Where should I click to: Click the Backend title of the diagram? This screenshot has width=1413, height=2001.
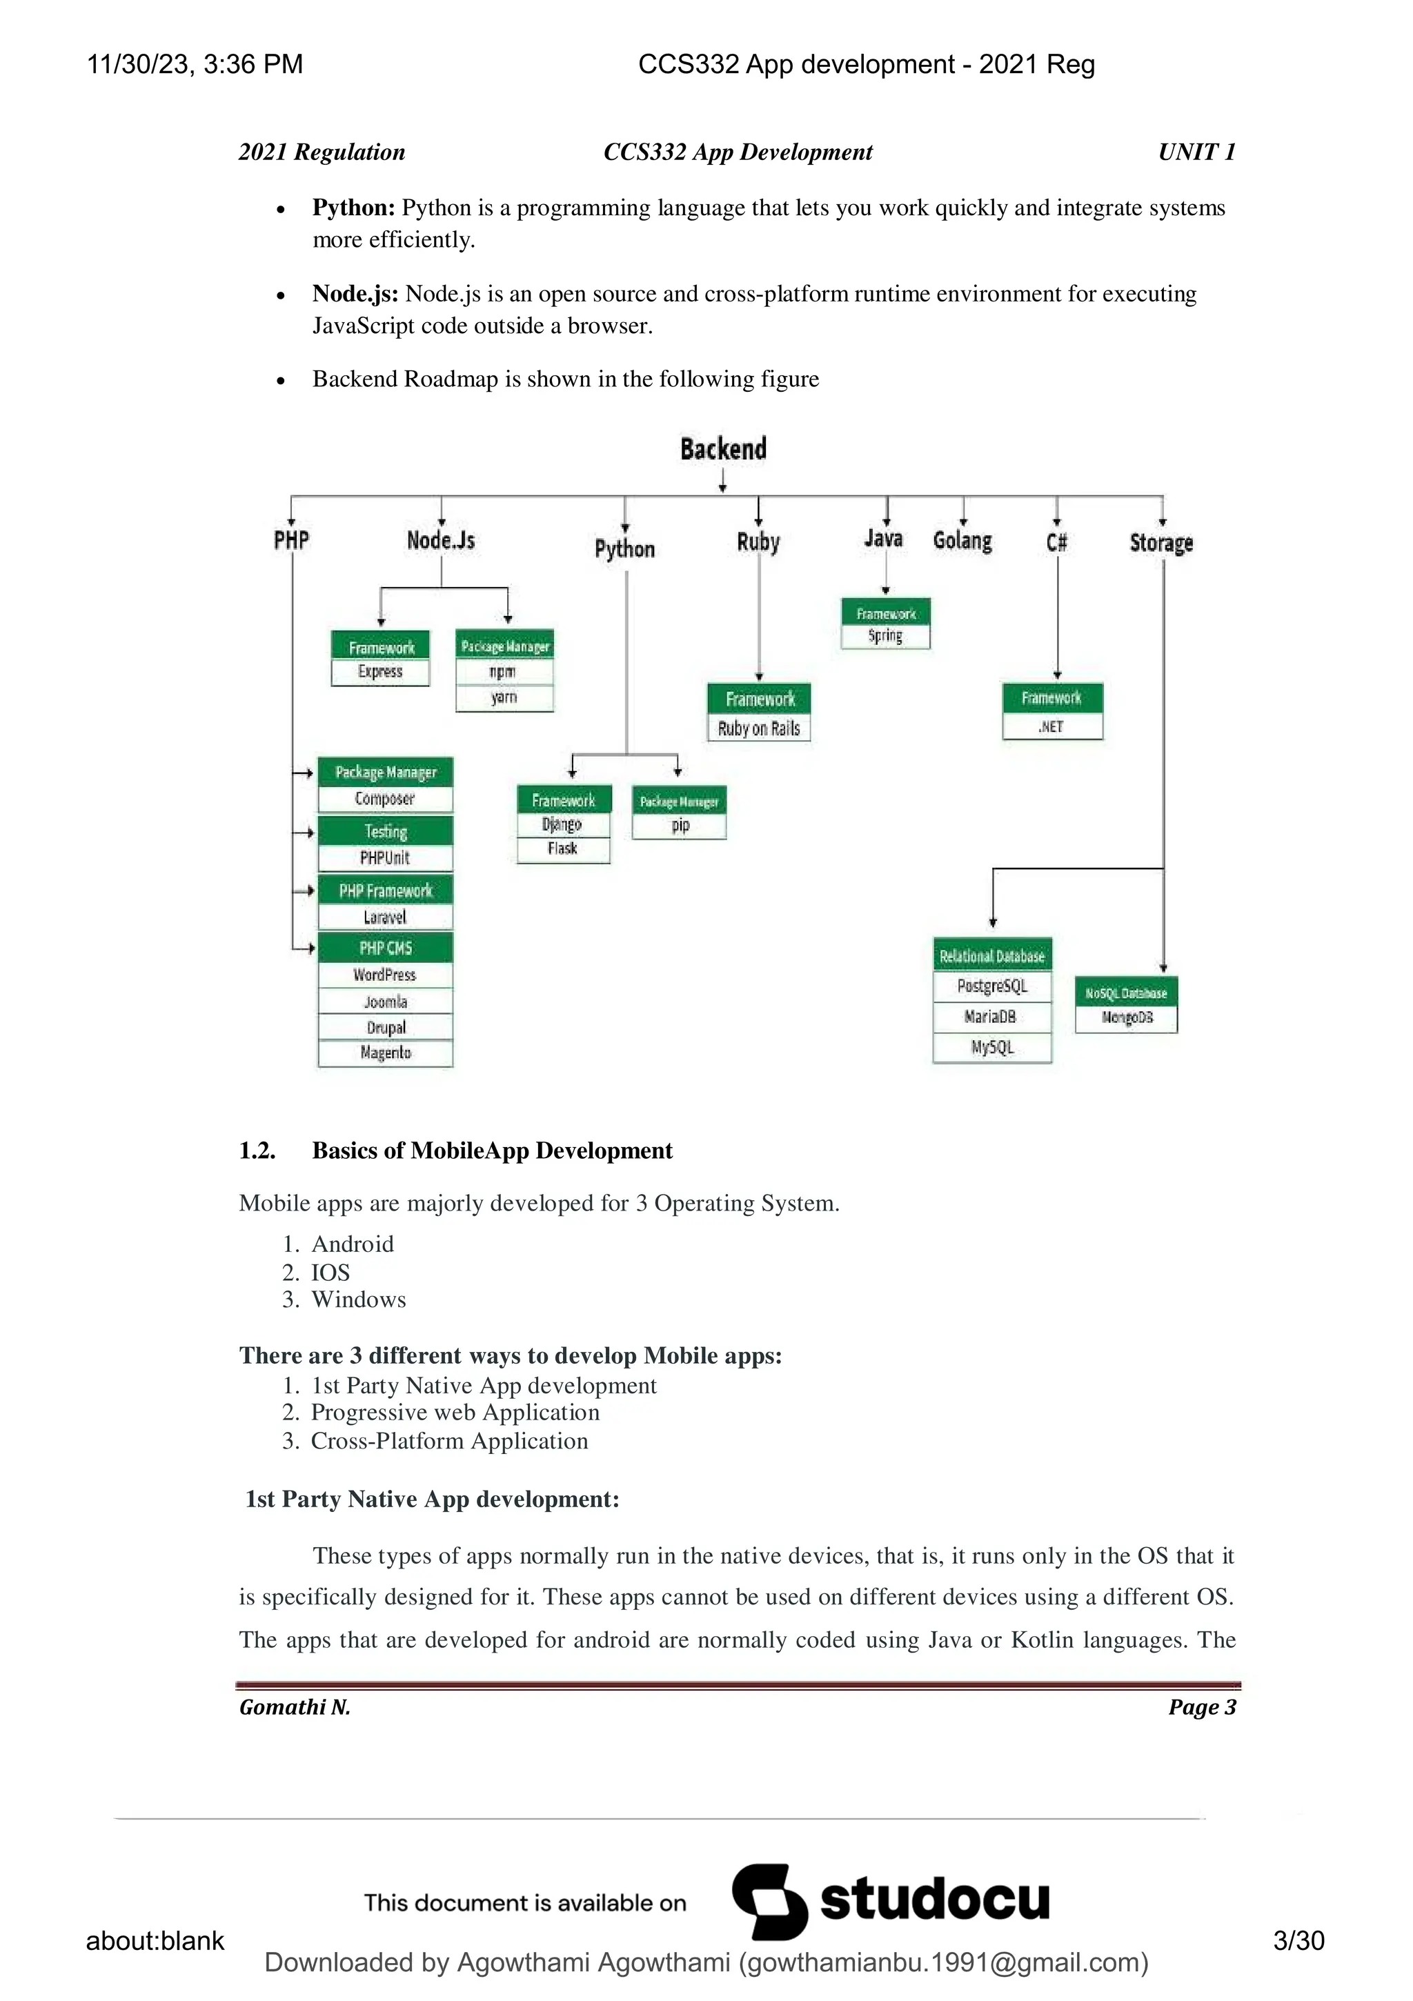click(x=724, y=449)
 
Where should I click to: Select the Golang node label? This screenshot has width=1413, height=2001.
click(x=962, y=541)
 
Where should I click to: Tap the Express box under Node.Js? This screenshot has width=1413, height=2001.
click(x=380, y=672)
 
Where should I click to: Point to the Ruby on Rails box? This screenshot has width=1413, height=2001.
click(x=758, y=728)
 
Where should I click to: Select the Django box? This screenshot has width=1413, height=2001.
click(x=562, y=824)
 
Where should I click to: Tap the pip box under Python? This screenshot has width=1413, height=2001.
click(x=680, y=826)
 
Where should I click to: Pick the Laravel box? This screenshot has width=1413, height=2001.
click(x=384, y=917)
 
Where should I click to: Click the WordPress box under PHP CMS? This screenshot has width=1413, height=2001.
click(x=384, y=975)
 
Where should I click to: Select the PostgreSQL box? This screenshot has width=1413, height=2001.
click(x=992, y=986)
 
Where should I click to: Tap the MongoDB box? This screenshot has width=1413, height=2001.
click(x=1126, y=1018)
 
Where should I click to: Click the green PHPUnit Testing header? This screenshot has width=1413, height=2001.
click(x=385, y=831)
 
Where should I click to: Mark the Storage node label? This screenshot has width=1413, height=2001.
click(x=1161, y=543)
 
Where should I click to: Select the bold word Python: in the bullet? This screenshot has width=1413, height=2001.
click(x=354, y=208)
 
